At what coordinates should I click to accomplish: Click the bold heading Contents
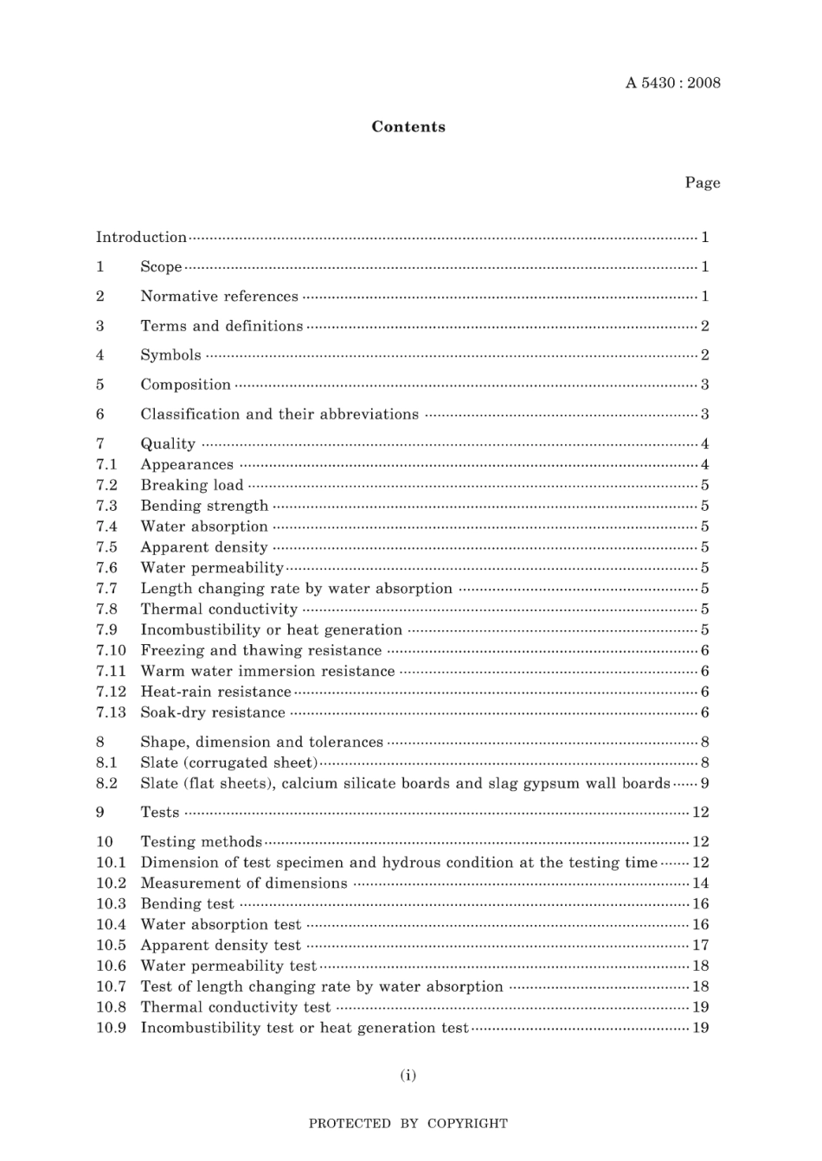coord(408,127)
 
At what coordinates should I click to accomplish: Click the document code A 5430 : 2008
coord(672,83)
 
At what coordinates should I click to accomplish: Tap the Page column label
coord(702,182)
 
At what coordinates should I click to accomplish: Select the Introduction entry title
coord(141,237)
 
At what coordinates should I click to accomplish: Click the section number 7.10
coord(111,650)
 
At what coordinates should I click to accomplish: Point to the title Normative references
coord(219,297)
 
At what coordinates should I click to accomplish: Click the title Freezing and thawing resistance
coord(260,650)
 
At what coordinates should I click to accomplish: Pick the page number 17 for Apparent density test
coord(700,945)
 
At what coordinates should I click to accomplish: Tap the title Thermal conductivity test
coord(235,1007)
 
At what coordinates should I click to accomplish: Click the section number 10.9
coord(111,1028)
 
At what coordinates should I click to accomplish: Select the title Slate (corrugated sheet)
coord(228,762)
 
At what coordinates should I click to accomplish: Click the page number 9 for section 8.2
coord(704,783)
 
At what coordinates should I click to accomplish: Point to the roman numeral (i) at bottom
coord(408,1075)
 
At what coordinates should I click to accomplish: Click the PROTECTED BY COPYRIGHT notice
coord(408,1124)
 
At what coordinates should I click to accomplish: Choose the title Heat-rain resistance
coord(215,692)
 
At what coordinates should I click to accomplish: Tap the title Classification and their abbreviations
coord(279,414)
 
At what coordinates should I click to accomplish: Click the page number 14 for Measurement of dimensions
coord(700,883)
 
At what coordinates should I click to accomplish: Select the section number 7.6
coord(106,567)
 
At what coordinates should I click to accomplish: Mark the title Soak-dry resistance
coord(213,712)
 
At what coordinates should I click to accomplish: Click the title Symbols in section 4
coord(170,355)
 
